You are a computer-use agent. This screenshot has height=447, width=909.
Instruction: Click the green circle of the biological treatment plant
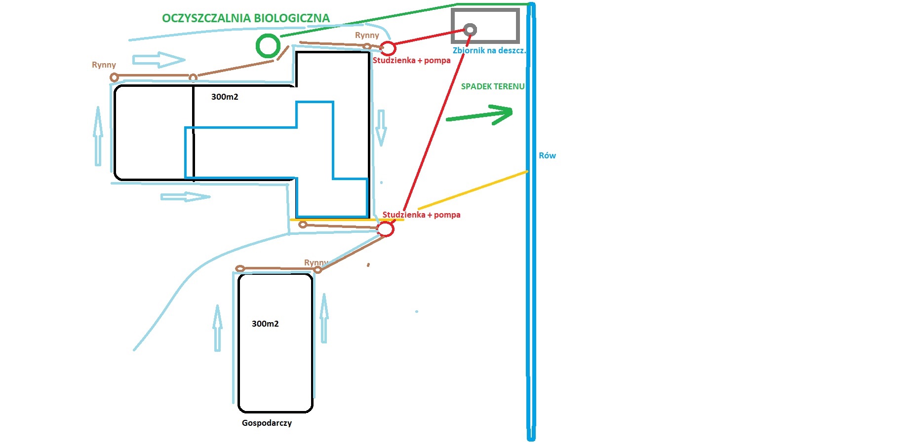[x=268, y=45]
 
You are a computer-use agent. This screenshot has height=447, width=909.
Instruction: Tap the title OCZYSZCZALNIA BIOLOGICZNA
[x=245, y=18]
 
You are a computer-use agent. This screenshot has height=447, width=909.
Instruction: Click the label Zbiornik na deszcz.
[x=489, y=50]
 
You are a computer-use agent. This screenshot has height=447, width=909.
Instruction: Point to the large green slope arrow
[x=479, y=114]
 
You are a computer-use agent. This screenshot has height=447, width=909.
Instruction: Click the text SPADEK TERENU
[x=492, y=86]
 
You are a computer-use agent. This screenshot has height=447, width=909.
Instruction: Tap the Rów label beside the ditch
[x=547, y=155]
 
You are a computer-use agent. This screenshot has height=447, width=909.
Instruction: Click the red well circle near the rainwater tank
[x=389, y=48]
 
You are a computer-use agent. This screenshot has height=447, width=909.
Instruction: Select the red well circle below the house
[x=386, y=229]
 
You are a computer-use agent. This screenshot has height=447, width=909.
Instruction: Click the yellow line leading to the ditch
[x=473, y=190]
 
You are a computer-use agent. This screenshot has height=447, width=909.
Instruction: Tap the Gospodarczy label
[x=267, y=423]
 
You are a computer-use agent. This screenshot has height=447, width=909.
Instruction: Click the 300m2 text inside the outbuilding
[x=265, y=324]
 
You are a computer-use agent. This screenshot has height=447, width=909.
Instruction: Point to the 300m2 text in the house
[x=225, y=97]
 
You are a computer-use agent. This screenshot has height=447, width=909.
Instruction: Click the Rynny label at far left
[x=104, y=65]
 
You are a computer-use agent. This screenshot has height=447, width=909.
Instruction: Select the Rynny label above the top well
[x=367, y=35]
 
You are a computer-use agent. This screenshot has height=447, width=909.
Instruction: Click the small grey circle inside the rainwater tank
[x=470, y=30]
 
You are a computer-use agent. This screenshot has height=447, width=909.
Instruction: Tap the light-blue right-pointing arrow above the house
[x=158, y=60]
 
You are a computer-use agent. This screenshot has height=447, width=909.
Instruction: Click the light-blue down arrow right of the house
[x=381, y=128]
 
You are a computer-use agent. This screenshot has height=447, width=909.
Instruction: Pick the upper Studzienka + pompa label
[x=411, y=60]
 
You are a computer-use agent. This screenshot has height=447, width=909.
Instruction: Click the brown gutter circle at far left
[x=114, y=77]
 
